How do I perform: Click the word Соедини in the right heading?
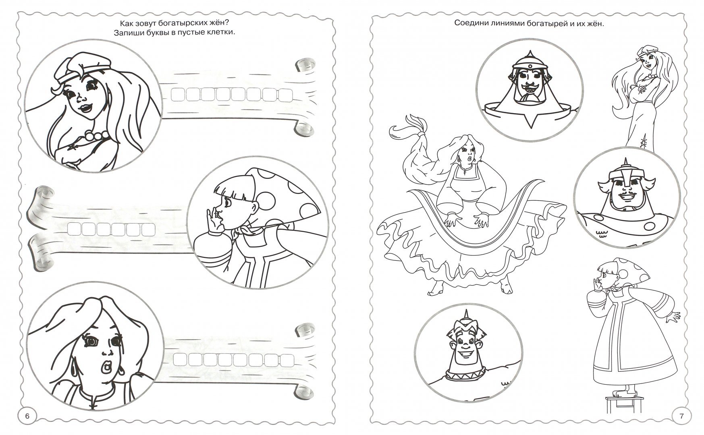pos(471,23)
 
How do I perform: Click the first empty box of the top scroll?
pos(178,95)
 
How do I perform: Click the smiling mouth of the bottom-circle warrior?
pos(466,354)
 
